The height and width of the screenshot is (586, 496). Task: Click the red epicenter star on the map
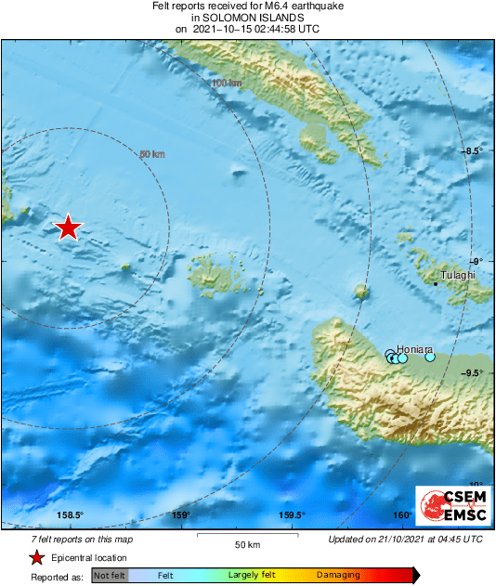coord(68,227)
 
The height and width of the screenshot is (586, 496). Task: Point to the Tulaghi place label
coord(458,275)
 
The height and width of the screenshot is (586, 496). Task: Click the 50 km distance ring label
coord(151,154)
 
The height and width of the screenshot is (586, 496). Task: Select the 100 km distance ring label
coord(227,84)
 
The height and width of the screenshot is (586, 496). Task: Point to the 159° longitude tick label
coord(181,515)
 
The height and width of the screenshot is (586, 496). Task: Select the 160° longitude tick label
coord(401,515)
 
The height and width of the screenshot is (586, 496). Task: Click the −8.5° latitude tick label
coord(474,150)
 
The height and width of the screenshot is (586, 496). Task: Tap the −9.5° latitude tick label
coord(474,373)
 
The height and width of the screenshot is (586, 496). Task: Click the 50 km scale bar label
coord(246,543)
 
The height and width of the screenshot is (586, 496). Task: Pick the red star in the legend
coord(36,557)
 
